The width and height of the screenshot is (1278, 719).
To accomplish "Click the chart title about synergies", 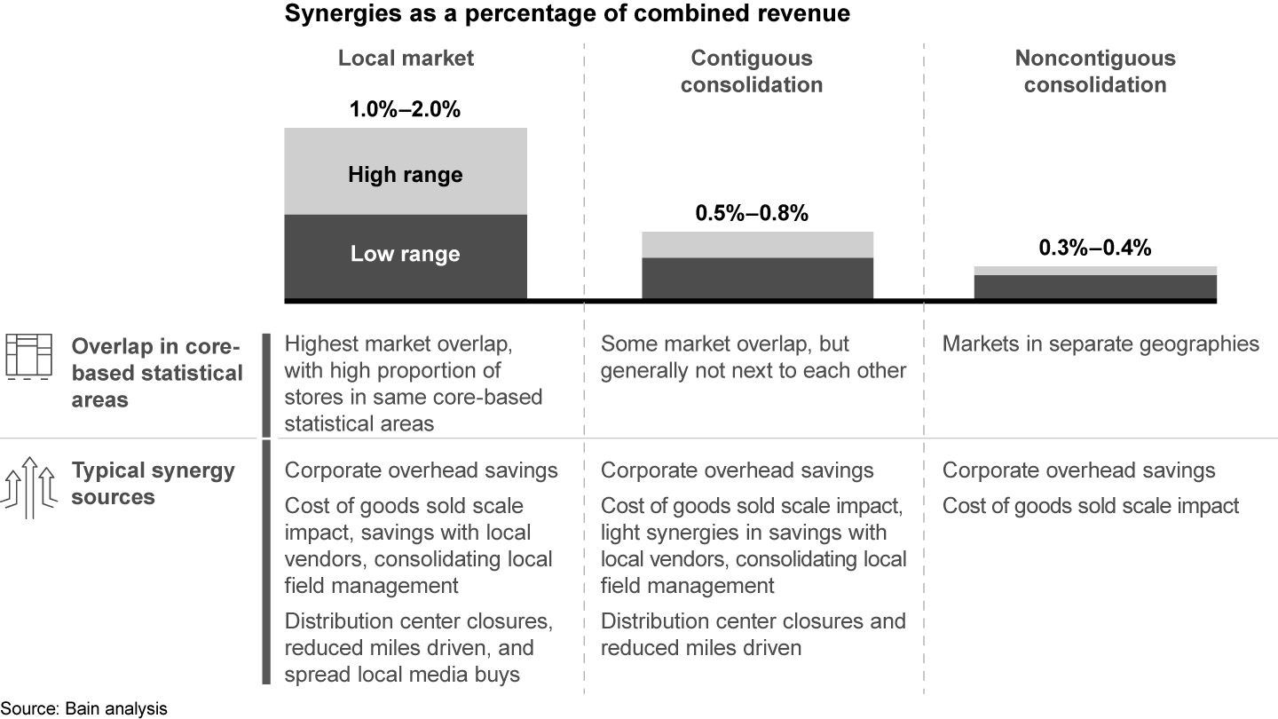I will pyautogui.click(x=566, y=14).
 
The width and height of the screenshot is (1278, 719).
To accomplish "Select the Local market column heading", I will pyautogui.click(x=406, y=59).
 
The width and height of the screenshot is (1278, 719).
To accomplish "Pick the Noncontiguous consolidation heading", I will pyautogui.click(x=1095, y=72).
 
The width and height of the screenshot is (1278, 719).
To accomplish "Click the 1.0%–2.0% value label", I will pyautogui.click(x=406, y=111).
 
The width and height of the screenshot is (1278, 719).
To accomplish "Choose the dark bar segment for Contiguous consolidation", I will pyautogui.click(x=757, y=278).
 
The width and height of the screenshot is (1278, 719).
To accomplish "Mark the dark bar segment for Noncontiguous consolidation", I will pyautogui.click(x=1095, y=287).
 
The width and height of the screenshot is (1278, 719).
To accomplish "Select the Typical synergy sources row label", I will pyautogui.click(x=153, y=483).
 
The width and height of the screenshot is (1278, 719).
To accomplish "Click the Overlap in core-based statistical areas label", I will pyautogui.click(x=157, y=372).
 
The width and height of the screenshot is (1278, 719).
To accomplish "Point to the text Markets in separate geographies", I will pyautogui.click(x=1100, y=344).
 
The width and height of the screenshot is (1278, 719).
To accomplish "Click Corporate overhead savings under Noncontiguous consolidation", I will pyautogui.click(x=1078, y=470).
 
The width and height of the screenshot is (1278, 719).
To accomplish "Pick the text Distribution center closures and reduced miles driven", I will pyautogui.click(x=753, y=635).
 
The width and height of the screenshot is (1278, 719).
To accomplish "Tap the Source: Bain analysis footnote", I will pyautogui.click(x=83, y=708).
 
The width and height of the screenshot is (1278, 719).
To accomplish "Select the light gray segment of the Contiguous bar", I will pyautogui.click(x=757, y=244).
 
